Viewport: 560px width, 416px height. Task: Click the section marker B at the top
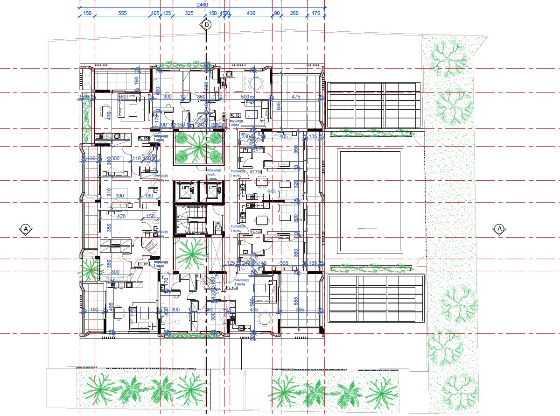pos(206,25)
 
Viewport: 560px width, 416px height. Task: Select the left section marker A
pos(26,229)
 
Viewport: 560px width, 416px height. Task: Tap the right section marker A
pos(499,229)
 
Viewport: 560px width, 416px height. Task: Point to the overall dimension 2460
pos(202,4)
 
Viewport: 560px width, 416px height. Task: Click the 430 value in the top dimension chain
pos(251,14)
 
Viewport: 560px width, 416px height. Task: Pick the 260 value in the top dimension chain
pos(294,14)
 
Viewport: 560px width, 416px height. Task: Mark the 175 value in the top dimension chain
pos(316,14)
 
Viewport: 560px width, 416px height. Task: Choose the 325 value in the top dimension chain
pos(189,14)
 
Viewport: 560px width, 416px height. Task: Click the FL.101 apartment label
pos(234,115)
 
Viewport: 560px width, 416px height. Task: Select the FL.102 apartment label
pos(256,172)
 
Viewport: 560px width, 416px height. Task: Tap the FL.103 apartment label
pos(256,232)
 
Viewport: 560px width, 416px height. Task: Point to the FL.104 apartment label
pos(232,288)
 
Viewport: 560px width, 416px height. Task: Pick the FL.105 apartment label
pos(143,264)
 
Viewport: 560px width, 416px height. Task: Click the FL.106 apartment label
pos(143,138)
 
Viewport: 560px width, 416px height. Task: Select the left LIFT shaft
pos(185,189)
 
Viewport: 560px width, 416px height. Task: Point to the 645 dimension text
pos(272,191)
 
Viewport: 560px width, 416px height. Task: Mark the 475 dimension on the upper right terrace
pos(296,97)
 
